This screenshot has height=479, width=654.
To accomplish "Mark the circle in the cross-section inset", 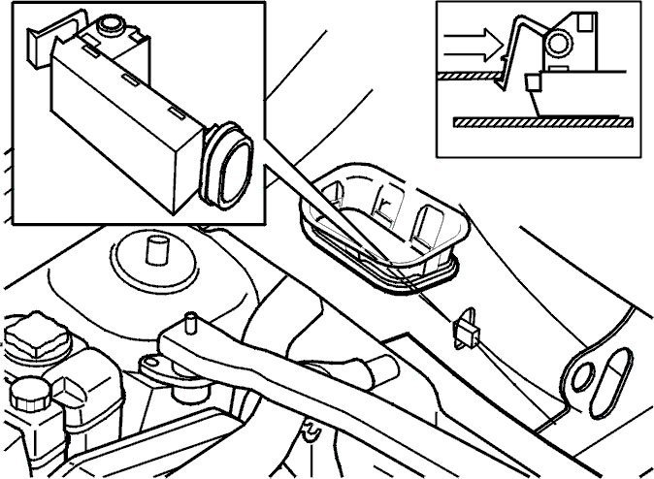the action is click(x=558, y=41).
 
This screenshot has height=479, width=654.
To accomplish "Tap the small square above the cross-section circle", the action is click(x=584, y=19).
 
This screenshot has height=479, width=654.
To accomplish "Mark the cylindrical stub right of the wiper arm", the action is click(x=379, y=369).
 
